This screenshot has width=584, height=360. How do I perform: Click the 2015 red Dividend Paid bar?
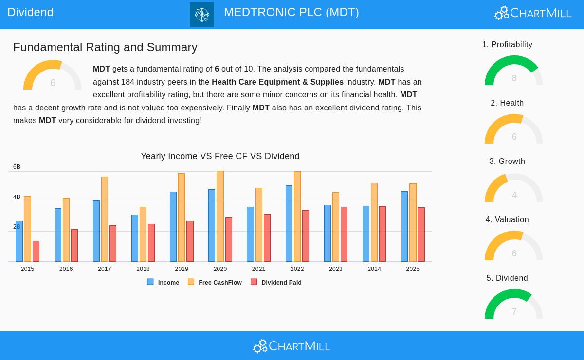pyautogui.click(x=36, y=252)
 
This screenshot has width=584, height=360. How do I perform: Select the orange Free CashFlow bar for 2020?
pyautogui.click(x=220, y=216)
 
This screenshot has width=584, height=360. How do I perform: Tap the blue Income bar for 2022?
pyautogui.click(x=289, y=224)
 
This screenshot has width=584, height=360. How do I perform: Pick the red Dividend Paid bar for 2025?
pyautogui.click(x=421, y=234)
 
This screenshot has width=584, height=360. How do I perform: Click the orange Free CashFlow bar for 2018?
pyautogui.click(x=143, y=234)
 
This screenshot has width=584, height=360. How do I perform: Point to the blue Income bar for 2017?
pyautogui.click(x=96, y=231)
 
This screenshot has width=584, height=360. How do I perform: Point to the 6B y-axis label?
pyautogui.click(x=17, y=167)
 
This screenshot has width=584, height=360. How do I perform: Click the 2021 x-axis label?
pyautogui.click(x=258, y=269)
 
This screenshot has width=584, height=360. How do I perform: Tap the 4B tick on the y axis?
pyautogui.click(x=17, y=197)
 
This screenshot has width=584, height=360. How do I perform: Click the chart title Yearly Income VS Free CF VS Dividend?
pyautogui.click(x=220, y=156)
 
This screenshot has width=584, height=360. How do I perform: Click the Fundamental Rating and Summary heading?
pyautogui.click(x=105, y=47)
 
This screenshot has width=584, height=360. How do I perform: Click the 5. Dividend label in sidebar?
pyautogui.click(x=507, y=278)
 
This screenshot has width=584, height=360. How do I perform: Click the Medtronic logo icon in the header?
pyautogui.click(x=202, y=15)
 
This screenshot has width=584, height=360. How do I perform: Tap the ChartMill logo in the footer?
pyautogui.click(x=292, y=346)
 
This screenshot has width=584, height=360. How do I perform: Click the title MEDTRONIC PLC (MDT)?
pyautogui.click(x=292, y=12)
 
